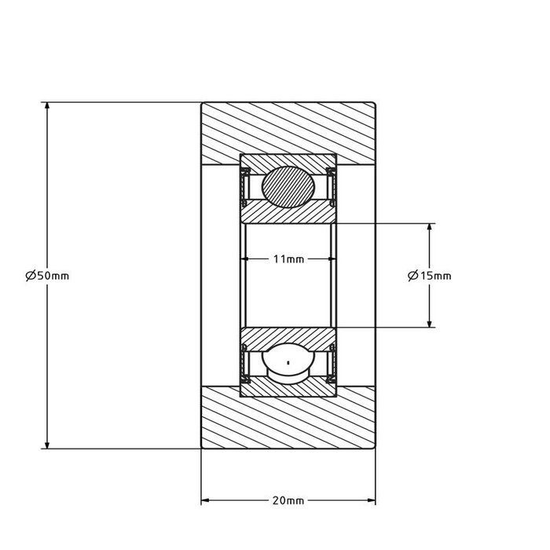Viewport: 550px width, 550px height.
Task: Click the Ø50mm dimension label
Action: coord(47,275)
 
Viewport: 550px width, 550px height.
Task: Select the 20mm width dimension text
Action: coord(288,500)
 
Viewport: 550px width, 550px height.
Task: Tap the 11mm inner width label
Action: coord(288,258)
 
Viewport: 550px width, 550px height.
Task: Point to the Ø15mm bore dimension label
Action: coord(430,275)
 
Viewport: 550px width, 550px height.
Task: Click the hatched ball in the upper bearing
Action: coord(288,186)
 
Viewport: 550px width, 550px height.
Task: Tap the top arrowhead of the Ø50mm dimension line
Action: coord(47,107)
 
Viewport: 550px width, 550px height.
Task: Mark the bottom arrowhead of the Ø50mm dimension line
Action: coord(47,443)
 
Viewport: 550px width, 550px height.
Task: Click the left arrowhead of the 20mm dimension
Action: coord(206,500)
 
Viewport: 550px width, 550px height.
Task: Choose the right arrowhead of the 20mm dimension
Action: coord(371,500)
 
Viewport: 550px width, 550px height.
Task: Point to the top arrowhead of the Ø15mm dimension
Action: coord(429,228)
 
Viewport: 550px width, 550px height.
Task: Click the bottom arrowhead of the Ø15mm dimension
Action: coord(429,322)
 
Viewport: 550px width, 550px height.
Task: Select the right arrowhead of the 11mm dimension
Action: coord(331,258)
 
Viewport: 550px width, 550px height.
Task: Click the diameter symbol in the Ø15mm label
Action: coord(413,275)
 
